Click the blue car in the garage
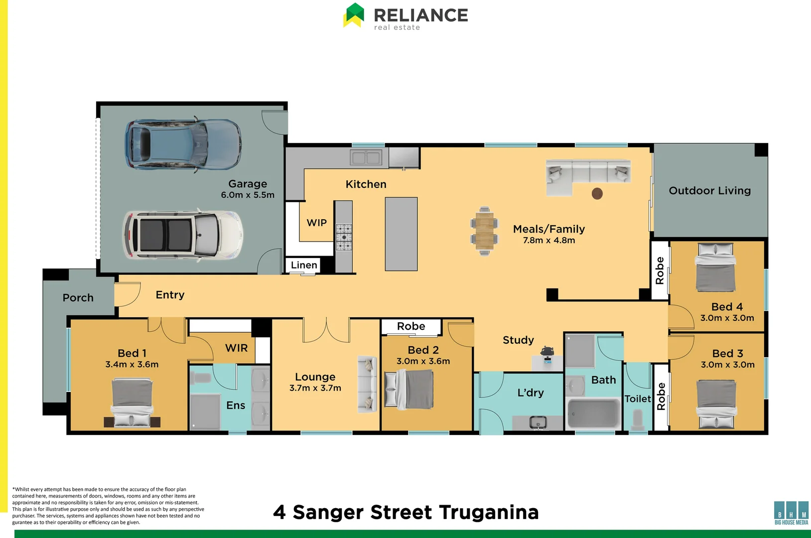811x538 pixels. tap(183, 144)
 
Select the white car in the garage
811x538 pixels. tap(183, 235)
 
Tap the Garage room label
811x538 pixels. tap(248, 184)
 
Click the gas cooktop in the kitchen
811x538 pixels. tap(344, 237)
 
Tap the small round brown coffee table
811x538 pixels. tap(597, 194)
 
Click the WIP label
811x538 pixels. tap(317, 223)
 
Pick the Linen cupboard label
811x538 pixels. tap(304, 265)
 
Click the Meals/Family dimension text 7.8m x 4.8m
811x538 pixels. tap(549, 240)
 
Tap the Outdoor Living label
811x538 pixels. tap(709, 191)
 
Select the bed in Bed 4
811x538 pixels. tap(715, 267)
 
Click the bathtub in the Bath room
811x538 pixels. tap(593, 413)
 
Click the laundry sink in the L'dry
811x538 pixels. tap(538, 422)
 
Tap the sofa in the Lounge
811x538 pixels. tap(367, 384)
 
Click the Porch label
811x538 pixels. tap(78, 297)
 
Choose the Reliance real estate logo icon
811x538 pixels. tap(353, 15)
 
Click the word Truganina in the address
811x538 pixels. tap(489, 513)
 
